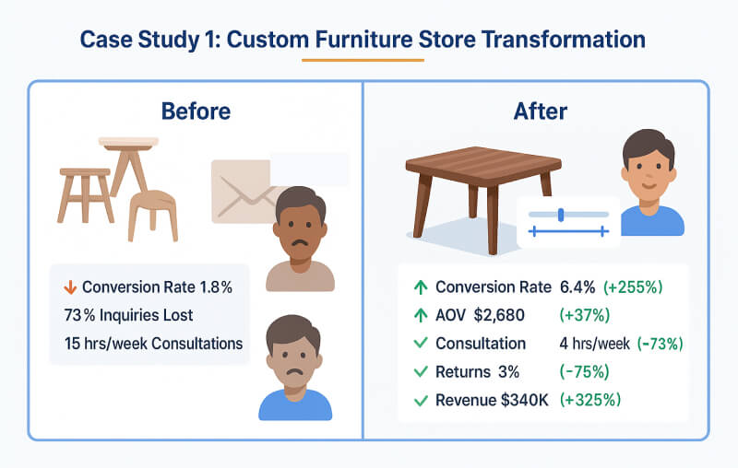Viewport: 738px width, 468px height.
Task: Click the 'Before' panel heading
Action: tap(196, 111)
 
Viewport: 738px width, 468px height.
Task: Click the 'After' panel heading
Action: tap(540, 111)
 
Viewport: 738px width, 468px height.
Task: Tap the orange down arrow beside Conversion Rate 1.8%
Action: tap(67, 287)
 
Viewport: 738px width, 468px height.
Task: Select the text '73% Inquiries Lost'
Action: tap(128, 315)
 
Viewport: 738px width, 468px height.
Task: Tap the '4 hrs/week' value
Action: tap(594, 344)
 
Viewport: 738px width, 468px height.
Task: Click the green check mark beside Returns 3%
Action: tap(420, 372)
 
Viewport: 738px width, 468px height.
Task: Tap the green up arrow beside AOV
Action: tap(420, 315)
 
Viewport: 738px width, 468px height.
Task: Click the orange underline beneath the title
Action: tap(363, 60)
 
